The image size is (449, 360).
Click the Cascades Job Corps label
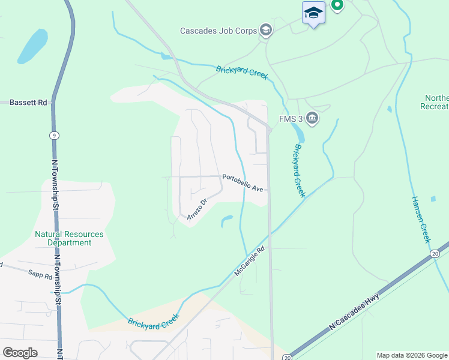point(218,31)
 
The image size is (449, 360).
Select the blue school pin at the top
point(313,13)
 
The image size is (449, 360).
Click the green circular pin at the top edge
point(337,5)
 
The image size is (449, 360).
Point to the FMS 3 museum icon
point(312,118)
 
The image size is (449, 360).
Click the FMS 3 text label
point(289,118)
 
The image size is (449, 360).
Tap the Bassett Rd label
point(28,103)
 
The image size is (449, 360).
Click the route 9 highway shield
point(55,136)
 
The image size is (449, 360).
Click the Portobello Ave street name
point(243,182)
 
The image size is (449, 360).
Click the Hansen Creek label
point(421,220)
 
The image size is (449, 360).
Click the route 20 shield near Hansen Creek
point(435,254)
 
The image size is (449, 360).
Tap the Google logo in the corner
point(20,353)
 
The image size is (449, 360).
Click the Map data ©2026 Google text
point(411,355)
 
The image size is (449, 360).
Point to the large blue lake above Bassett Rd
point(32,46)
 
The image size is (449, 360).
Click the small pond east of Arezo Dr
point(226,220)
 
